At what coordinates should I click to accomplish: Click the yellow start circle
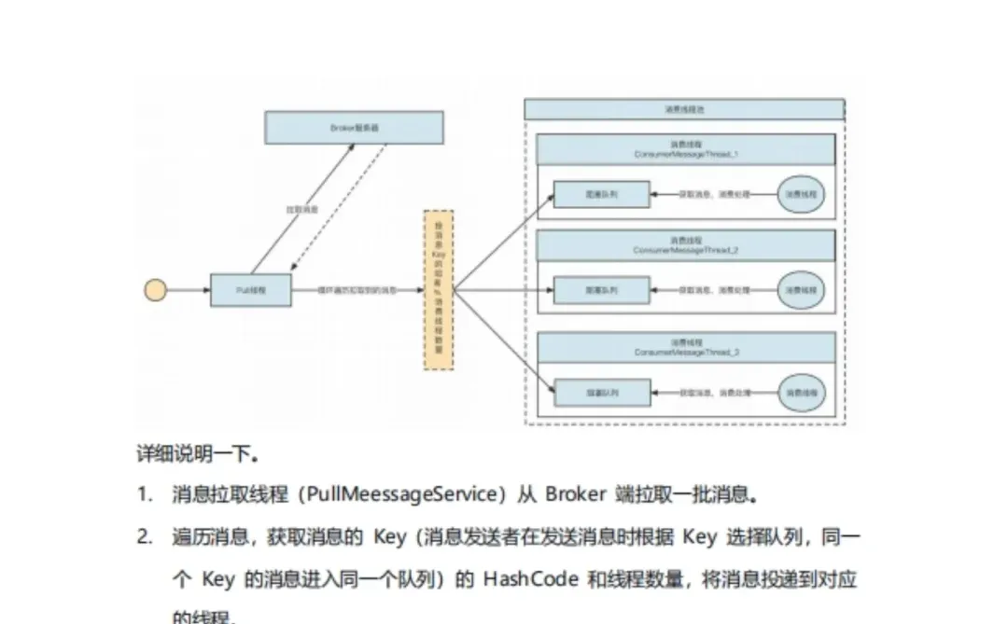155,290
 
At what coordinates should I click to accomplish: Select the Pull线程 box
250,290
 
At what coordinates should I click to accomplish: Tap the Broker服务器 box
354,128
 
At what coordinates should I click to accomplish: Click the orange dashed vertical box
439,290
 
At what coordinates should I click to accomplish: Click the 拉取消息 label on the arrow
301,211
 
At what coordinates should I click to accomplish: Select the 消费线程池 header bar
684,109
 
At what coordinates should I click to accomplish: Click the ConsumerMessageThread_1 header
686,149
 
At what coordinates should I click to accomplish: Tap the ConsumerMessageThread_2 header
686,245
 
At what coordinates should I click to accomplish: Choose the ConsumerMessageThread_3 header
686,347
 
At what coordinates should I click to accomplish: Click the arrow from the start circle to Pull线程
188,290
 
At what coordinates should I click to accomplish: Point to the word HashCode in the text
531,579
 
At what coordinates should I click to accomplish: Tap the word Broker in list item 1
575,493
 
